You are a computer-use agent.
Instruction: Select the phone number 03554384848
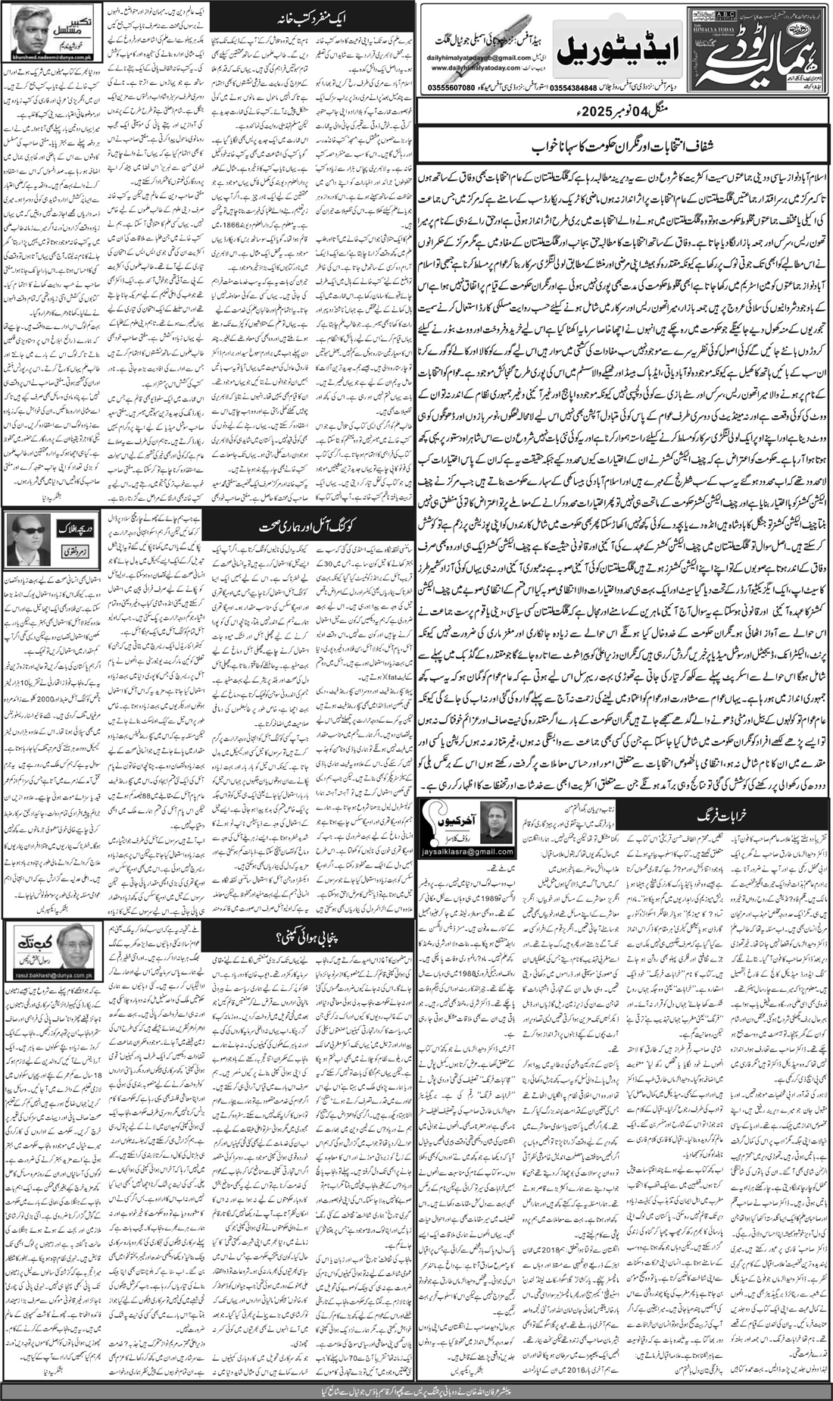pyautogui.click(x=564, y=86)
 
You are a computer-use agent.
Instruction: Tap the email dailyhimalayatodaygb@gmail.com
pyautogui.click(x=480, y=58)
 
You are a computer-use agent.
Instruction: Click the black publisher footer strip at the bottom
pyautogui.click(x=416, y=1390)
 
